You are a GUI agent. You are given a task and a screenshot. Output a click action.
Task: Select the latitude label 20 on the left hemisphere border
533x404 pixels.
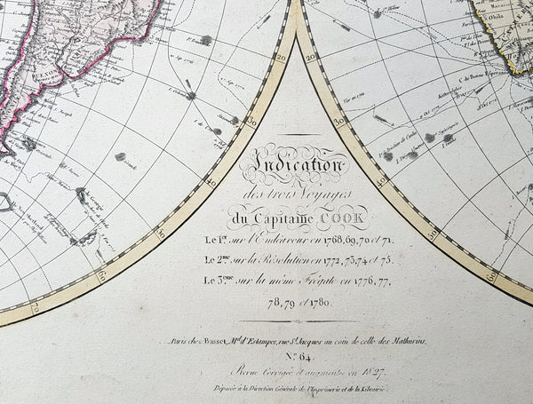point(281,57)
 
